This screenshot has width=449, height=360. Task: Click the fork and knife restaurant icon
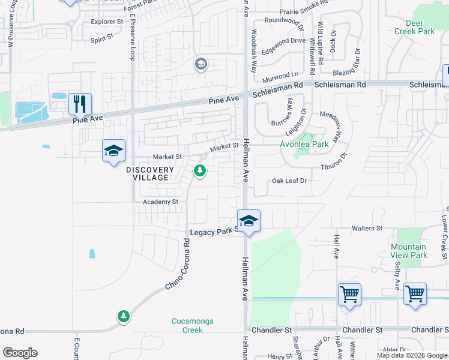tap(80, 104)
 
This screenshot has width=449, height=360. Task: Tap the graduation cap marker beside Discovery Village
tap(113, 151)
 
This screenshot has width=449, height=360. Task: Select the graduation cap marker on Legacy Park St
tap(249, 220)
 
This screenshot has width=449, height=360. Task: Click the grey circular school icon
tap(200, 64)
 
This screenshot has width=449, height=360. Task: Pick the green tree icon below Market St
tap(200, 172)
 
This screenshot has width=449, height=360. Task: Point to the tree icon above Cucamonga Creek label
tap(124, 316)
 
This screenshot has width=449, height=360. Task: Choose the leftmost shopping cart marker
tap(349, 294)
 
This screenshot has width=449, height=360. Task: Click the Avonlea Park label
tap(304, 145)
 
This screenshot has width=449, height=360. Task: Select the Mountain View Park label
tap(409, 251)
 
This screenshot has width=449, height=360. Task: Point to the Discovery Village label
tap(150, 174)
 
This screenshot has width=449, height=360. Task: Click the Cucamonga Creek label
tap(192, 325)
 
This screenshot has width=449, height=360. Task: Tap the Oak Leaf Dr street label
tap(289, 180)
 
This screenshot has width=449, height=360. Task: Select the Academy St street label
tap(160, 202)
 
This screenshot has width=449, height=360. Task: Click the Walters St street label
tap(367, 229)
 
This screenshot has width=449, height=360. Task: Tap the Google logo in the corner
tap(20, 353)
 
